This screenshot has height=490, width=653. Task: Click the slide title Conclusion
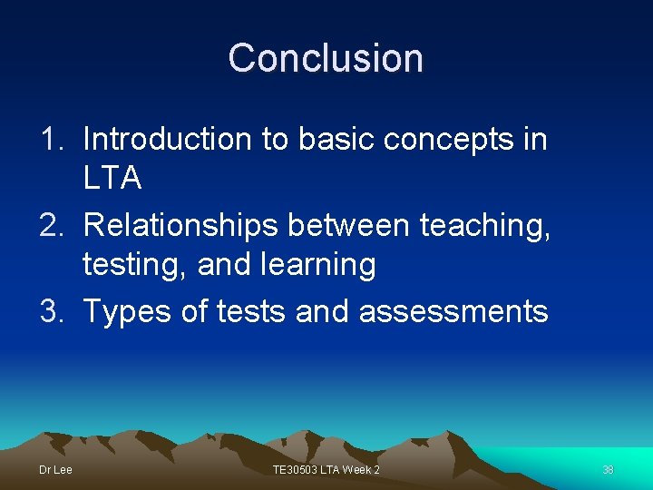[326, 57]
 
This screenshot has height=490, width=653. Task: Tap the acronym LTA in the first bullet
[112, 179]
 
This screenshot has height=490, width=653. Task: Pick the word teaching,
[485, 226]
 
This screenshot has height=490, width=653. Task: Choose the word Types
[125, 312]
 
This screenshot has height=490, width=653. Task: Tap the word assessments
[453, 311]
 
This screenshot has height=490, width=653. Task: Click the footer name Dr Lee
[55, 470]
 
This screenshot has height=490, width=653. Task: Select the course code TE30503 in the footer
[297, 470]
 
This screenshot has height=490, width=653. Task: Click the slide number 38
[608, 470]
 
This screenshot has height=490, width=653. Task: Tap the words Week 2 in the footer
[363, 470]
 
